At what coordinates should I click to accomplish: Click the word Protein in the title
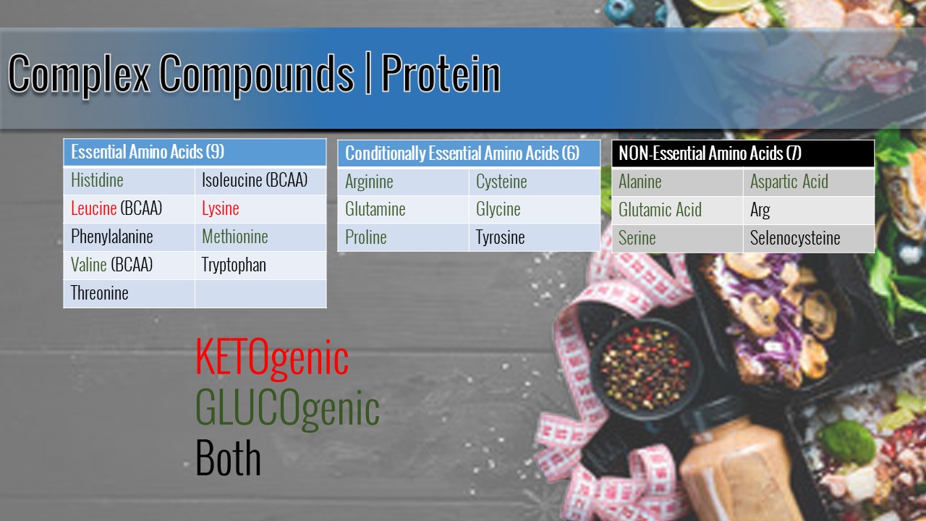tap(441, 74)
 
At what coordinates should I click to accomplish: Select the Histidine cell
tap(129, 181)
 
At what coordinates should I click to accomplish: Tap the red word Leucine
tap(93, 208)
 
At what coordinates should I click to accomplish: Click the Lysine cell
tap(260, 209)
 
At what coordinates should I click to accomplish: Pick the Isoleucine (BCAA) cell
tap(260, 181)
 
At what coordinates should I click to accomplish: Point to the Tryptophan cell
tap(260, 266)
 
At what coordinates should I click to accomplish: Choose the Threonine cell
tap(129, 294)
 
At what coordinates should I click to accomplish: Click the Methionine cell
tap(260, 237)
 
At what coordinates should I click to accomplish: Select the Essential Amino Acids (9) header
tap(195, 152)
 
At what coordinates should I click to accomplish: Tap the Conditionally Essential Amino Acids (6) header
tap(469, 153)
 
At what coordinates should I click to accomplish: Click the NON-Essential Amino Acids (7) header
tap(743, 153)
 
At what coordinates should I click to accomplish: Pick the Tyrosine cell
tap(535, 238)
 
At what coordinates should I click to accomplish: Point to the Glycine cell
tap(535, 210)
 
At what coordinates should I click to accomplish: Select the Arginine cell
tap(403, 182)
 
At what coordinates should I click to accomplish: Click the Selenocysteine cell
tap(809, 239)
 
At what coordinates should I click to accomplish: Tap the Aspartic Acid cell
tap(809, 182)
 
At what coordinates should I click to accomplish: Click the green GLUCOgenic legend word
tap(287, 409)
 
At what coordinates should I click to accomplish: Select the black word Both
tap(228, 458)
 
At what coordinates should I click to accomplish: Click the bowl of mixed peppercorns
tap(645, 369)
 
